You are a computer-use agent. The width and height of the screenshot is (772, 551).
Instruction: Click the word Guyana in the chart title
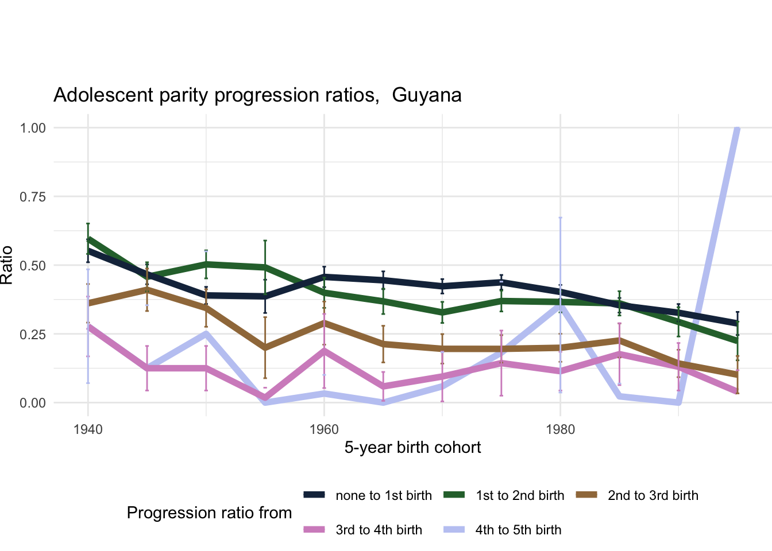pos(427,95)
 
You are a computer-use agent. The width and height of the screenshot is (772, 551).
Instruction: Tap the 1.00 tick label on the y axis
pos(33,127)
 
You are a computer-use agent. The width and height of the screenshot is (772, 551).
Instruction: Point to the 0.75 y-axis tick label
pos(33,196)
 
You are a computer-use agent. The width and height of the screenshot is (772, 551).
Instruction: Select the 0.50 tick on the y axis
pos(33,265)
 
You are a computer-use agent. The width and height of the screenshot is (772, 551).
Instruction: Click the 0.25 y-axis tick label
pos(33,334)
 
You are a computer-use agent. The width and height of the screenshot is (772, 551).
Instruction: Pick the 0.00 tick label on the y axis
pos(33,403)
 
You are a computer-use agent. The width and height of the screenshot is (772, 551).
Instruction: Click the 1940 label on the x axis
pos(88,429)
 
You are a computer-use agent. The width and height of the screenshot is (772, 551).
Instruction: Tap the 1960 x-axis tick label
pos(324,429)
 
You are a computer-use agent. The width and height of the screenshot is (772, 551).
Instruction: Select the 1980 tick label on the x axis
pos(560,429)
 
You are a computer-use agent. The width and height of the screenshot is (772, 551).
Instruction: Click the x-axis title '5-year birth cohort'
pos(412,448)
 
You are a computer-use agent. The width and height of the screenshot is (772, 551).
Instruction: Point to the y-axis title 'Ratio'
pos(7,265)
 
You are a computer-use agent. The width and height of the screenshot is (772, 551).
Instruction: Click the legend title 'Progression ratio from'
pos(209,513)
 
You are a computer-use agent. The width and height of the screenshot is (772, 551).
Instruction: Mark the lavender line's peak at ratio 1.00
pos(737,128)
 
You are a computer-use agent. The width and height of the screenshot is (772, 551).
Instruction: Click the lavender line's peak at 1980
pos(560,305)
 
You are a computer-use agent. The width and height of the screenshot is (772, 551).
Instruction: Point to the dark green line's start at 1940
pos(88,238)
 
